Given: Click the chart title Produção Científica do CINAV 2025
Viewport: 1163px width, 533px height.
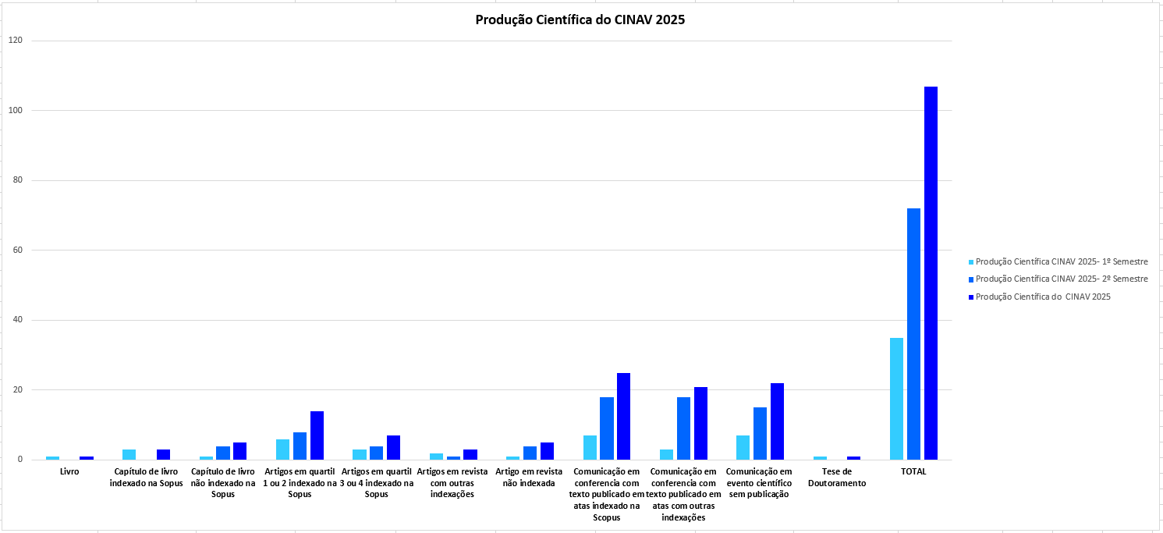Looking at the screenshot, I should pyautogui.click(x=580, y=20).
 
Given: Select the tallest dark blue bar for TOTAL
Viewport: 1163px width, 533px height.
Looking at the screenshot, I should pyautogui.click(x=931, y=273).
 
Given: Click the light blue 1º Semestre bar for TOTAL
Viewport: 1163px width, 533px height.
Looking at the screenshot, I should pyautogui.click(x=896, y=399).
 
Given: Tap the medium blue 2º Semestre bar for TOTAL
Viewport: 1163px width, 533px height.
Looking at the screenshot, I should pyautogui.click(x=913, y=334).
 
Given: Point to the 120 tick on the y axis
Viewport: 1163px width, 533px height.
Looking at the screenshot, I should pyautogui.click(x=16, y=41).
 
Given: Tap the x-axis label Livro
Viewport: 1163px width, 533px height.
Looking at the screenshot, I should pyautogui.click(x=69, y=472).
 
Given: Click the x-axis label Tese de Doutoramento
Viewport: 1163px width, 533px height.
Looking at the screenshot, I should pyautogui.click(x=836, y=478).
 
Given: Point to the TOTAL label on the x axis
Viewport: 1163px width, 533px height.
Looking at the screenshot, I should pyautogui.click(x=913, y=472).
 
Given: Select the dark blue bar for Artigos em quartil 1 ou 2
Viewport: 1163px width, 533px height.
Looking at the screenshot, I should pyautogui.click(x=317, y=435).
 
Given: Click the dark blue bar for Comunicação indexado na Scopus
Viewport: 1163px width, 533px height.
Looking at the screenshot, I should pyautogui.click(x=623, y=417).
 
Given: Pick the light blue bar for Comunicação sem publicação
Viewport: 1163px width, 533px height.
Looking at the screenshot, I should pyautogui.click(x=743, y=447).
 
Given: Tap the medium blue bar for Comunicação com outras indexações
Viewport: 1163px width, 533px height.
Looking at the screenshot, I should pyautogui.click(x=683, y=428).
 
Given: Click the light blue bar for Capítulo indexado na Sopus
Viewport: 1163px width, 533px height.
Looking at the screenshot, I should pyautogui.click(x=129, y=454).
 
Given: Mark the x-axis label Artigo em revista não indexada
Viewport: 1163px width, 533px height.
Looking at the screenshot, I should pyautogui.click(x=529, y=478).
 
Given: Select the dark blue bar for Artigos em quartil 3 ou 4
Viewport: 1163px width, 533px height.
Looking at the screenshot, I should pyautogui.click(x=393, y=447).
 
